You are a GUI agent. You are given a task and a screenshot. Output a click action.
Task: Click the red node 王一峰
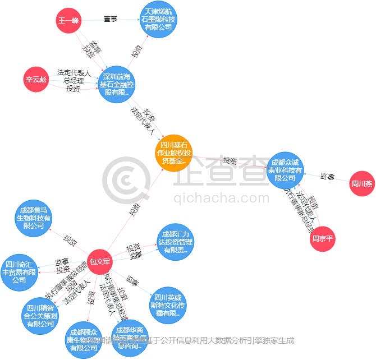point(69,21)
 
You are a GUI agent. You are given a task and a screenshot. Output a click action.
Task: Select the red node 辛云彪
point(35,79)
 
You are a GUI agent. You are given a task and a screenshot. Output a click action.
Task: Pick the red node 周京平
point(322,239)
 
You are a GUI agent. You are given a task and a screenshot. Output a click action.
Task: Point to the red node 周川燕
point(362,183)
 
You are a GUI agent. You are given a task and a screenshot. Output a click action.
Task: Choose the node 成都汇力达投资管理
point(175,242)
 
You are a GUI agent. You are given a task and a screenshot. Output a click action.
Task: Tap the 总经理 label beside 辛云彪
point(73,80)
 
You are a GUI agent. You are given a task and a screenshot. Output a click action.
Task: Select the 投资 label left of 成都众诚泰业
point(229,161)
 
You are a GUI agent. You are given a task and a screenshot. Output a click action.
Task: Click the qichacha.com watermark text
point(222,198)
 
